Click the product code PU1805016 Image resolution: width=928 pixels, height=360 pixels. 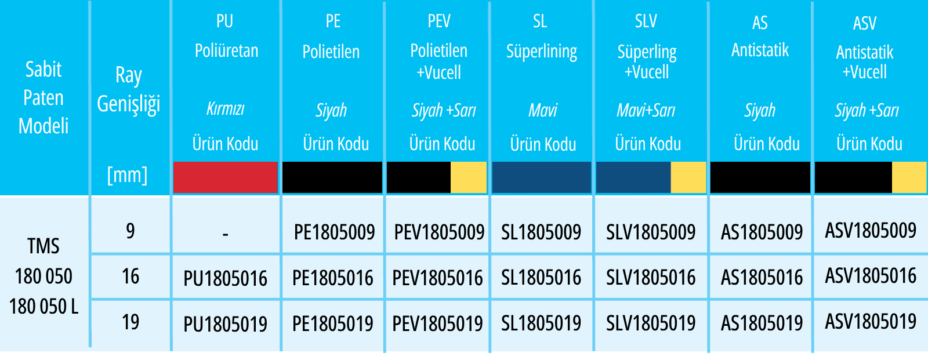[226, 278]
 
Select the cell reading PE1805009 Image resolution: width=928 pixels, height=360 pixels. [334, 232]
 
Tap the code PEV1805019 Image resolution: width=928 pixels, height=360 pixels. [437, 323]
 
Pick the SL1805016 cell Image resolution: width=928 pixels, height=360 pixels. [541, 278]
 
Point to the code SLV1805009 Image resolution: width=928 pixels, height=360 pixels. [651, 232]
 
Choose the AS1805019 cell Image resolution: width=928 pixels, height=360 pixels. [762, 323]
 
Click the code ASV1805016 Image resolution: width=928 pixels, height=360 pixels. [871, 276]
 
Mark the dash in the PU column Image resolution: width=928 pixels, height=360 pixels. [226, 234]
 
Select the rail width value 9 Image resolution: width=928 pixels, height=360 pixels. [130, 231]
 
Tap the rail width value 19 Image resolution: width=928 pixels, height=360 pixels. [130, 322]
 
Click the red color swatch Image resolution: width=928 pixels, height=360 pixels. [226, 177]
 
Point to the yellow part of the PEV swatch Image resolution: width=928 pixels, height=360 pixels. [469, 177]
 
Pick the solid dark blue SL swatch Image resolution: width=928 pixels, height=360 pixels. [542, 177]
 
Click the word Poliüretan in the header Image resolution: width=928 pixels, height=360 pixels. [227, 51]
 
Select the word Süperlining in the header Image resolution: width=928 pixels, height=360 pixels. [542, 52]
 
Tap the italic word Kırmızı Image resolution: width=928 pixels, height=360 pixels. [226, 110]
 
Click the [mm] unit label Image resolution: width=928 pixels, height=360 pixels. [127, 175]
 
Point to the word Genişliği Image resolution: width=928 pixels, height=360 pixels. [128, 104]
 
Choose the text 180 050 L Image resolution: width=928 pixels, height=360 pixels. [44, 307]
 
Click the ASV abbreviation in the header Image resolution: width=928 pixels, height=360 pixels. [865, 23]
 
